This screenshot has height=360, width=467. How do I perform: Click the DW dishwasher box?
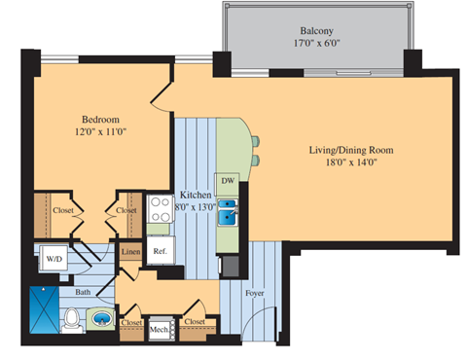[228, 181]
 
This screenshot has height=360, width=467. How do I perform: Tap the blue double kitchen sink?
[228, 211]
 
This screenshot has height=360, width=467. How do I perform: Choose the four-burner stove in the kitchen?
[159, 208]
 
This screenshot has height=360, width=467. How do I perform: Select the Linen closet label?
[130, 253]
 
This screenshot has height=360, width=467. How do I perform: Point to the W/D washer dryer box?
[54, 259]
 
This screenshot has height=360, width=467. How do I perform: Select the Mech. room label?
[158, 329]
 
